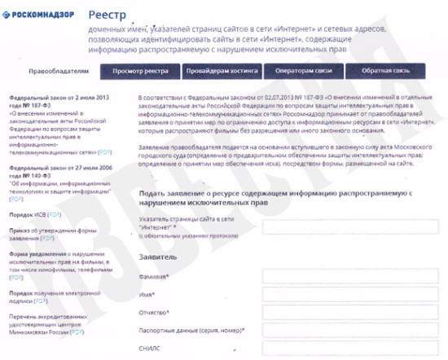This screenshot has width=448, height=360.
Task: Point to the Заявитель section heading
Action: [159, 256]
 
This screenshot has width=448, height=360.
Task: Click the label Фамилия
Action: [154, 276]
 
